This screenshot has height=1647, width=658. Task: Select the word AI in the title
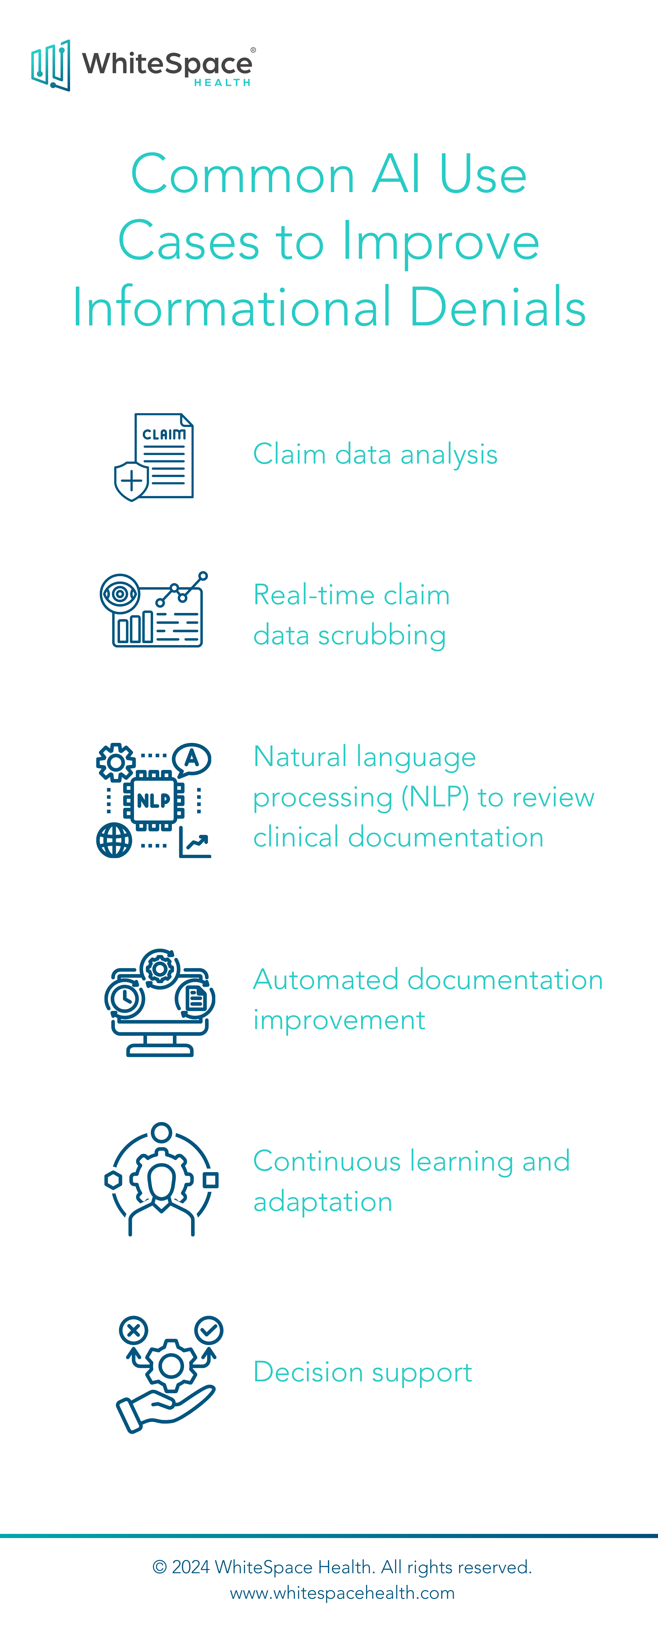pos(397,174)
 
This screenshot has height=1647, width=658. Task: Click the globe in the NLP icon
pos(114,840)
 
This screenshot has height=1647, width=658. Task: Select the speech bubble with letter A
pos(192,759)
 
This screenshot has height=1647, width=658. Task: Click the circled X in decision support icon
pos(133,1331)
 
